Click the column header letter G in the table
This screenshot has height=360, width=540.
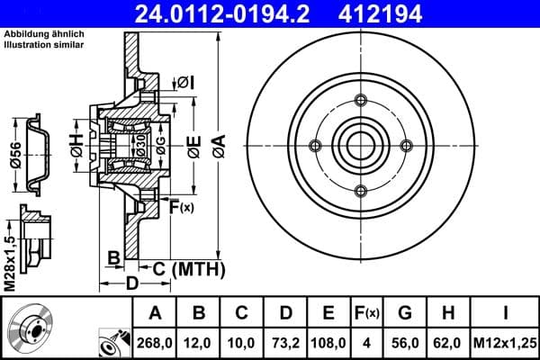405,313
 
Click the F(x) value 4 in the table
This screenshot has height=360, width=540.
367,342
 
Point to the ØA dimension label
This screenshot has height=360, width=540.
218,145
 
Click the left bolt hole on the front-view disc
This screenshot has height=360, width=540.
314,145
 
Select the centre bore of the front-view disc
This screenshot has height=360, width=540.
361,145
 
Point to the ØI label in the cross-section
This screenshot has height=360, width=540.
186,83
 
